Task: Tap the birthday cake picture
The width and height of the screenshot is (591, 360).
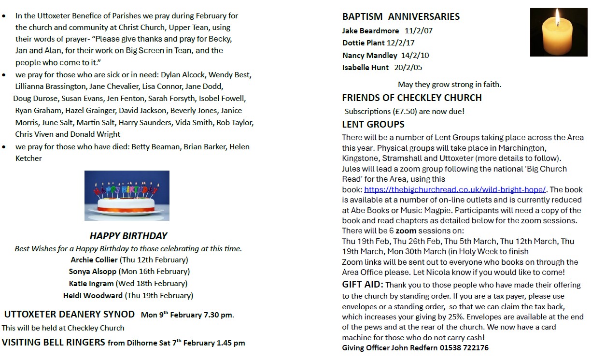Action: (x=127, y=195)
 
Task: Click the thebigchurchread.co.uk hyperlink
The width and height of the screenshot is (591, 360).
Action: (x=455, y=189)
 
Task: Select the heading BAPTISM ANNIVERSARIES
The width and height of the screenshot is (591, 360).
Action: (x=401, y=16)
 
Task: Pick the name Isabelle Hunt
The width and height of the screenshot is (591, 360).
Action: (x=366, y=68)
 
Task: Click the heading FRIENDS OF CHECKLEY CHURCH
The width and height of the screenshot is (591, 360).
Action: (x=412, y=98)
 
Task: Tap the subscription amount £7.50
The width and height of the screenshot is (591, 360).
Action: (x=399, y=112)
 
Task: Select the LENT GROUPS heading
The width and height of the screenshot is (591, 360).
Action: (x=373, y=124)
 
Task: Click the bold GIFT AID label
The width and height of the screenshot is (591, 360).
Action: (x=363, y=285)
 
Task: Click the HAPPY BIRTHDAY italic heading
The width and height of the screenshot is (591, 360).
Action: (x=128, y=236)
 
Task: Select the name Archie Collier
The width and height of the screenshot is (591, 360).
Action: (x=94, y=260)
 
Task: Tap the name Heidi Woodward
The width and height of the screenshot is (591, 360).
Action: (x=93, y=295)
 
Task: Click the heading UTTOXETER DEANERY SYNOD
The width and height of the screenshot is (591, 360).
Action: (x=70, y=315)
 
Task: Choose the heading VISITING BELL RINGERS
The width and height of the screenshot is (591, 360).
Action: (x=54, y=343)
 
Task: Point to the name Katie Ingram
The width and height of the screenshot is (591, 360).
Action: (x=91, y=284)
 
